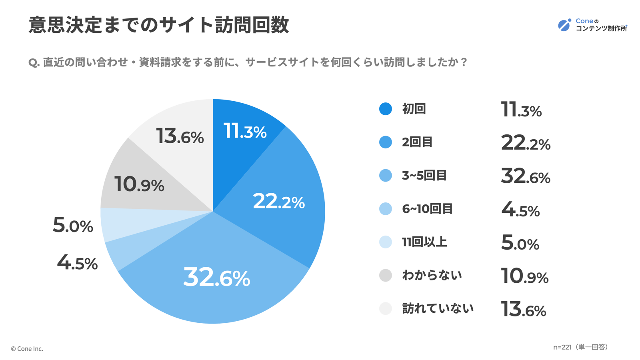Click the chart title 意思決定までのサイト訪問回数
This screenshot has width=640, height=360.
click(x=159, y=25)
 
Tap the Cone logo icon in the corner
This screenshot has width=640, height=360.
click(x=564, y=25)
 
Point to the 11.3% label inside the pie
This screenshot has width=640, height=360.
click(x=245, y=131)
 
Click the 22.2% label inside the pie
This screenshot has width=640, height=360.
click(x=279, y=201)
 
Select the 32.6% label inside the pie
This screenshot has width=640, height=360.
click(x=216, y=277)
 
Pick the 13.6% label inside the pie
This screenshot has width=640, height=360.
click(x=180, y=136)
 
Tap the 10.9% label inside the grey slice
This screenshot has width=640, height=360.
click(x=139, y=184)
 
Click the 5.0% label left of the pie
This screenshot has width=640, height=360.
click(x=73, y=225)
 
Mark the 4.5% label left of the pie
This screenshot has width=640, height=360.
click(x=77, y=263)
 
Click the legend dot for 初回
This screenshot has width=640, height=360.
click(x=386, y=109)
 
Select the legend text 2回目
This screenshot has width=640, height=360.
click(x=417, y=142)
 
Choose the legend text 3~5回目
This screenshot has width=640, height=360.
click(x=424, y=175)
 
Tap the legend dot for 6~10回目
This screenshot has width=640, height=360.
click(x=386, y=209)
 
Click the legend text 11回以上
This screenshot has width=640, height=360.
click(x=424, y=242)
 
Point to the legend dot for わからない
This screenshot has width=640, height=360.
click(x=386, y=275)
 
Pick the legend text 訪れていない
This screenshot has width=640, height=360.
click(x=438, y=308)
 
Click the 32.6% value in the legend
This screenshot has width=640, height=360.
click(x=526, y=176)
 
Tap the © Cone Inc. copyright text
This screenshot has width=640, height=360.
click(x=27, y=349)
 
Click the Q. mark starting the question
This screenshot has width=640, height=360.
click(x=34, y=63)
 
